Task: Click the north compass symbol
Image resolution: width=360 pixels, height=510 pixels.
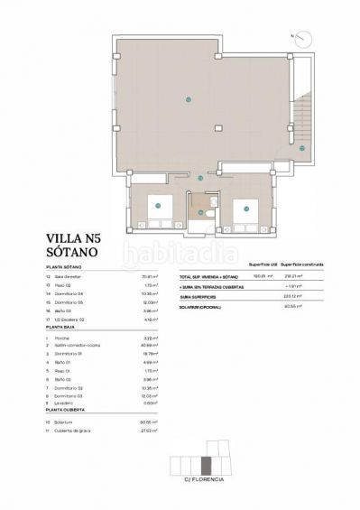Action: [305, 39]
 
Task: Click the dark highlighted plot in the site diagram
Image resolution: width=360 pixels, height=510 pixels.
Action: [207, 466]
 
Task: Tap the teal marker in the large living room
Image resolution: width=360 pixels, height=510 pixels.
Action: [188, 98]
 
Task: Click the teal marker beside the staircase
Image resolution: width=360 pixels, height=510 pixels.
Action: [303, 148]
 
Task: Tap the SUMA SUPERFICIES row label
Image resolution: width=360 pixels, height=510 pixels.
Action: [198, 295]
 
